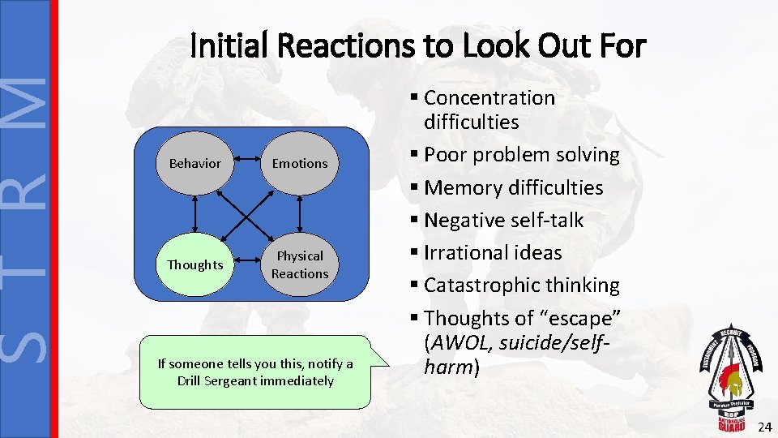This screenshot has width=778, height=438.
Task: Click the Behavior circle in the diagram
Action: [194, 164]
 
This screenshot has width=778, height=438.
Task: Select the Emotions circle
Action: [300, 164]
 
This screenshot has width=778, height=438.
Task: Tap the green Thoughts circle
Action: [194, 265]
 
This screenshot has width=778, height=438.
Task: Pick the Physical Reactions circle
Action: [300, 265]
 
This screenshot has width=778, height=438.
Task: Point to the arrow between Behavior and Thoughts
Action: [194, 214]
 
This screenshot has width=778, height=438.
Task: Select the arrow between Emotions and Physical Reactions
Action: [300, 214]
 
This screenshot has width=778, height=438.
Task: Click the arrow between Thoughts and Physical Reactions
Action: [247, 265]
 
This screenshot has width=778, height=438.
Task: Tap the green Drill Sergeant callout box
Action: [254, 372]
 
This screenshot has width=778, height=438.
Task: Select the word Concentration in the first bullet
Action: [489, 98]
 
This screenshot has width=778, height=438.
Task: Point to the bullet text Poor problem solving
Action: [521, 155]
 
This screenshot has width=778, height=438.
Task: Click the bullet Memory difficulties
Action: [513, 187]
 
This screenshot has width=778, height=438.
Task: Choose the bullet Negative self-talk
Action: [503, 220]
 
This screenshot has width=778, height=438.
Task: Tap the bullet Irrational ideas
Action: [492, 252]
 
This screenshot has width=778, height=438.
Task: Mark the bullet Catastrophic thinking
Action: [521, 285]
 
